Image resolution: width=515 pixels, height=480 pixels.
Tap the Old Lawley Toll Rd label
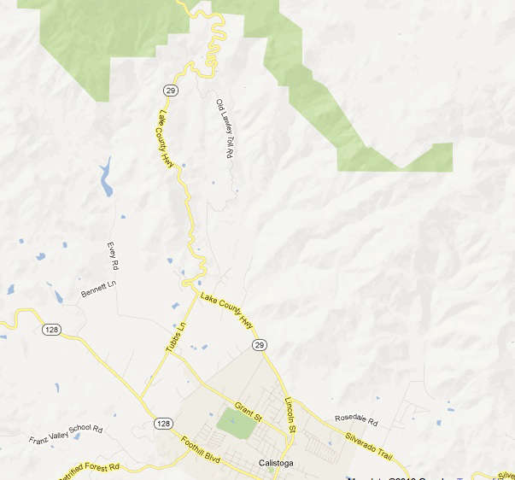coord(224,128)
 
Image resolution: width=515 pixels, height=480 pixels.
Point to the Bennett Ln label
coord(98,291)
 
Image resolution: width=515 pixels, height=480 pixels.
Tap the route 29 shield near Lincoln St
coord(259,344)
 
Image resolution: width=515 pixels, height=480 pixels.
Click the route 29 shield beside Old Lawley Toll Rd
coord(172,89)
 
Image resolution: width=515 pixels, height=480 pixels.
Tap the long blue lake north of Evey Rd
coord(107,177)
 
